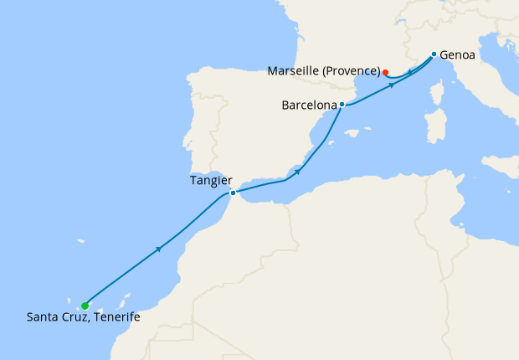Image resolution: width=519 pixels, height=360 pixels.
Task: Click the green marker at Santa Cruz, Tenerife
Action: click(85, 306)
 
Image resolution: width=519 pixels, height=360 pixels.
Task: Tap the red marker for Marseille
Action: click(385, 72)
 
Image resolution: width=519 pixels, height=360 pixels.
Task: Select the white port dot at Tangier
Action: click(233, 193)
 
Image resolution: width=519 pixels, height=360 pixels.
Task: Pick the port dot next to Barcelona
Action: click(342, 105)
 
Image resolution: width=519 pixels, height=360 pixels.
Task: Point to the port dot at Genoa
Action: click(433, 54)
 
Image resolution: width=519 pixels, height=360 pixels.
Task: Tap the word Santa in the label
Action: click(43, 317)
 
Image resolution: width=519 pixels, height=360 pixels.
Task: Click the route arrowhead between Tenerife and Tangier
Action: click(158, 249)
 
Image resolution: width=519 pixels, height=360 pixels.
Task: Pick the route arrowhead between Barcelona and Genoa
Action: click(391, 85)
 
